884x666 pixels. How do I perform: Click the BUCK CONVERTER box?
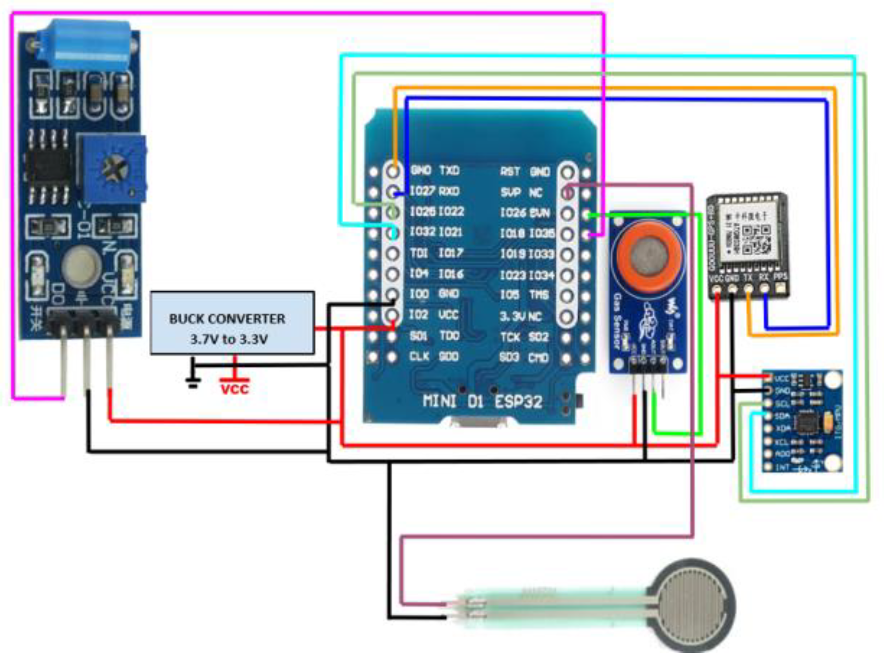[232, 323]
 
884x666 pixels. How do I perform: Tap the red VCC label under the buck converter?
[235, 389]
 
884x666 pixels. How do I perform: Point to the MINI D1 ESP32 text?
[482, 401]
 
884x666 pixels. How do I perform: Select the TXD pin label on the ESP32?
[450, 171]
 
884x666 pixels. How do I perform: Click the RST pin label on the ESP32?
[510, 172]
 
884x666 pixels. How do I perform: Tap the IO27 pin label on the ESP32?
[422, 191]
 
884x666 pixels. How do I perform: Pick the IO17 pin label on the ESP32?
[450, 253]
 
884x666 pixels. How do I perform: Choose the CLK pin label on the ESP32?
[419, 357]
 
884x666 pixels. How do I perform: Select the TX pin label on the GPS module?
[748, 278]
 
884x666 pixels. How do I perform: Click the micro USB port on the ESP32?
[476, 422]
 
